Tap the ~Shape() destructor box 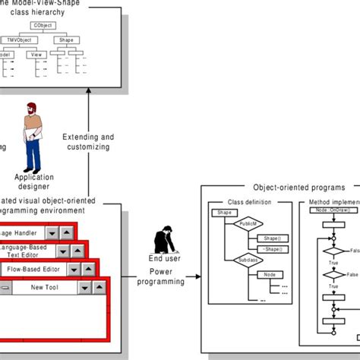[x=272, y=248]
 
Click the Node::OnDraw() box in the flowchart [x=333, y=209]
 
